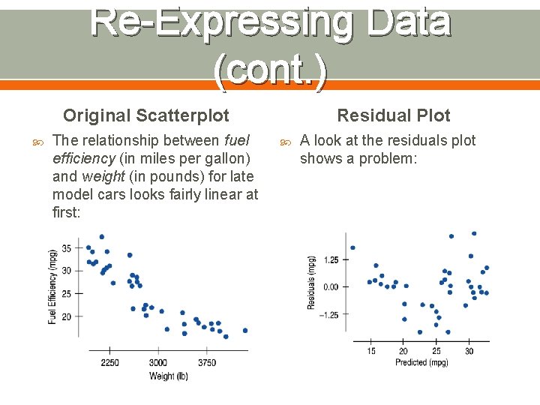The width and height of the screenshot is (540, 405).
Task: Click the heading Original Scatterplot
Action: [x=146, y=115]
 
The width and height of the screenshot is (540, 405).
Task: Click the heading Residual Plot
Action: [x=394, y=115]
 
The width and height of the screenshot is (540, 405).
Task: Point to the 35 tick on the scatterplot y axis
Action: [x=67, y=248]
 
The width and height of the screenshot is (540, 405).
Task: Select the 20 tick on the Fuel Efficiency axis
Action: [x=67, y=316]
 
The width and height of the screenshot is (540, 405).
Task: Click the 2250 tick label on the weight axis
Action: [x=109, y=363]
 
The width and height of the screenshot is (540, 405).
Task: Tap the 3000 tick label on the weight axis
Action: [x=158, y=363]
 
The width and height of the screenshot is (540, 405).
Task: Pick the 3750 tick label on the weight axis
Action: [x=207, y=363]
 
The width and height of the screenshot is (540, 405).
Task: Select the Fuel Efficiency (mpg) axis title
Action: [x=52, y=286]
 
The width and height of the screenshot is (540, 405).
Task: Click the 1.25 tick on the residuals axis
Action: [x=331, y=260]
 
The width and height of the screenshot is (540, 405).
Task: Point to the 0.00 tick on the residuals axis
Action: [x=331, y=287]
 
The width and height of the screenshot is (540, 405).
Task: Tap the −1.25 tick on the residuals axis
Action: [x=329, y=315]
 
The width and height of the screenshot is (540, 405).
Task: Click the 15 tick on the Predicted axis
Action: [x=371, y=351]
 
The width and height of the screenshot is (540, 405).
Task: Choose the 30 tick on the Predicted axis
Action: [x=469, y=351]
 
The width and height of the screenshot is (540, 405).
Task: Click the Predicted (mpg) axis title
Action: [x=421, y=362]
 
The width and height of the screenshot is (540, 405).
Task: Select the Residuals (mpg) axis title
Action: [x=311, y=283]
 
